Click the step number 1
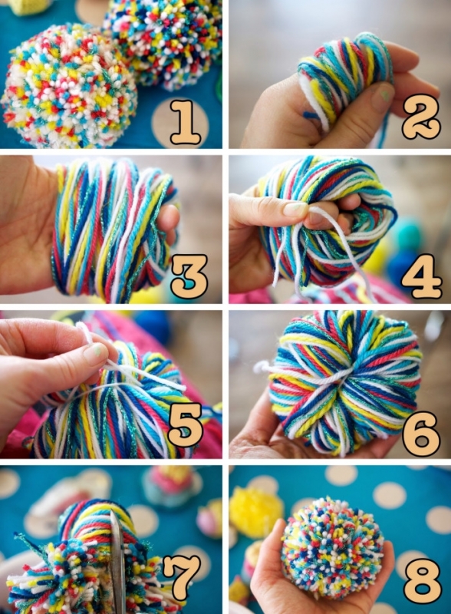coord(185,122)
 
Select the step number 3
coord(189,276)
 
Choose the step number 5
coord(186,425)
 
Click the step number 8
coord(423,581)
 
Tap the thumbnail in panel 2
coord(382,95)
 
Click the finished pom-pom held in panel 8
coord(332,544)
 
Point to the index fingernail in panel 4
coord(295,209)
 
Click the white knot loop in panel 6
coord(261,368)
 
